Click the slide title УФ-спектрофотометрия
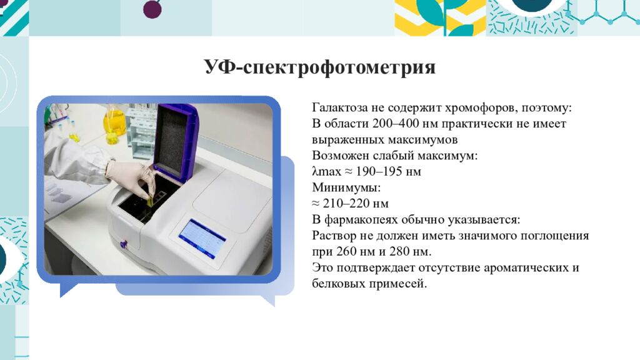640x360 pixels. [x=319, y=67]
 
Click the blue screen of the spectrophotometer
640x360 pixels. [x=202, y=237]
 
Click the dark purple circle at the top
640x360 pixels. [x=152, y=9]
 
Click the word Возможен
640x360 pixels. [x=338, y=156]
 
